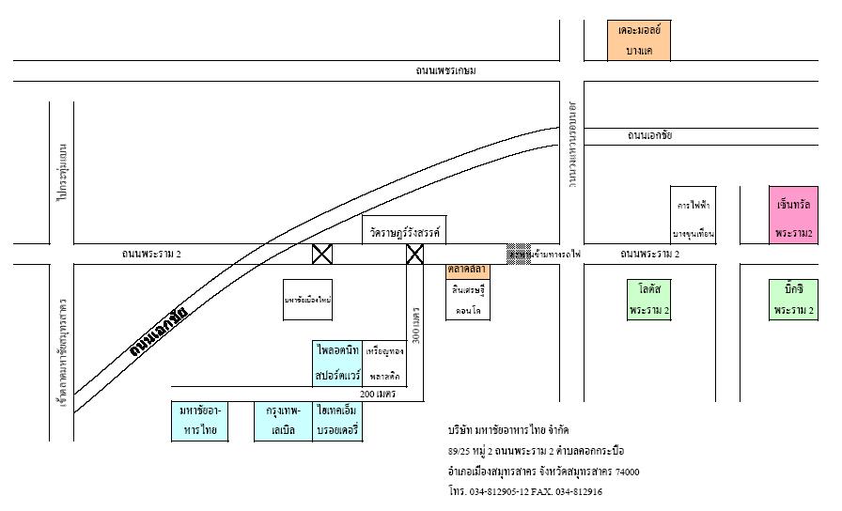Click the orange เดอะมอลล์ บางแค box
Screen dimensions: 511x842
639,40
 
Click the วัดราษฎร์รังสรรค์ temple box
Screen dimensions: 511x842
403,230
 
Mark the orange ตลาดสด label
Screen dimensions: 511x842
467,270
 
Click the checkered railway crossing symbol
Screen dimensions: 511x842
518,253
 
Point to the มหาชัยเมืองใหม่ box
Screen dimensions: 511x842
309,300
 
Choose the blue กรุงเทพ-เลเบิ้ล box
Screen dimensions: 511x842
283,421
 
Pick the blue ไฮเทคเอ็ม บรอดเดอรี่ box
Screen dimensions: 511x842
339,421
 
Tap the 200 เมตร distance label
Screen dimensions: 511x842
378,395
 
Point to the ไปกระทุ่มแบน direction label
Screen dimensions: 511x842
62,173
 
